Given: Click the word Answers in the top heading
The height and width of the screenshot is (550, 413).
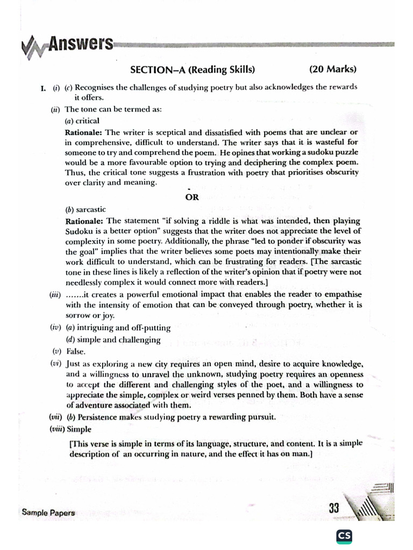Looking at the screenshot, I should click(x=80, y=44).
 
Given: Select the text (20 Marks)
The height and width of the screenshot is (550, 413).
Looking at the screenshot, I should click(x=333, y=69).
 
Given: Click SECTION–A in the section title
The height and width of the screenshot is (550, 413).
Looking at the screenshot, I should click(x=158, y=70).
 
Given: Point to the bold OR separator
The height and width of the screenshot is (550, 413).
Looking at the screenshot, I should click(x=192, y=197).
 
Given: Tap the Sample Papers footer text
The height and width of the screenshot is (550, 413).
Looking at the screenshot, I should click(x=48, y=512).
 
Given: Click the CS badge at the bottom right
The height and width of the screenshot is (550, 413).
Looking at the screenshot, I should click(x=344, y=536).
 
